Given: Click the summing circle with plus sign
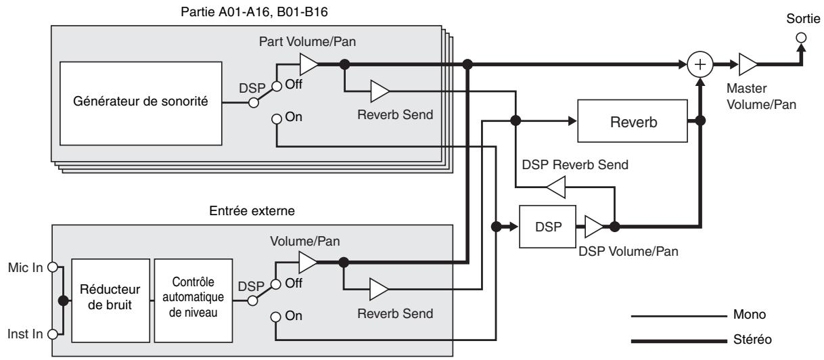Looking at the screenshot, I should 698,66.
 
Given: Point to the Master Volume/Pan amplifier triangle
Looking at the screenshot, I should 748,66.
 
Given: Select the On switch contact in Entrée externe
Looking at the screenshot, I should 276,316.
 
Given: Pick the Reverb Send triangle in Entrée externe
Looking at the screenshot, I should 377,290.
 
